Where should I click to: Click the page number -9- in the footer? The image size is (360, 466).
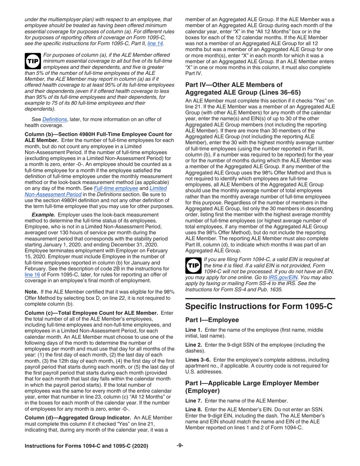click(180, 446)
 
